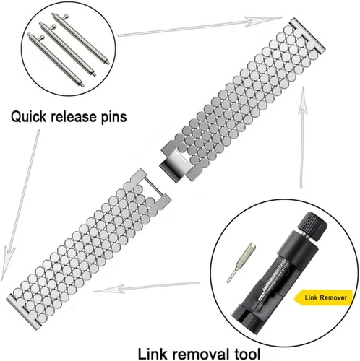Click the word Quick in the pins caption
pos(28,117)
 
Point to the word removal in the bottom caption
pos(200,354)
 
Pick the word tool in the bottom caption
pos(247,354)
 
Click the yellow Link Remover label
pos(324,297)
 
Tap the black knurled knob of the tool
pos(312,225)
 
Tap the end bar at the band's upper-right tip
pos(307,35)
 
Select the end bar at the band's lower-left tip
pos(24,312)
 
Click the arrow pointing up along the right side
pos(302,137)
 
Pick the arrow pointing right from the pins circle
pos(200,27)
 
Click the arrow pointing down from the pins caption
pos(20,205)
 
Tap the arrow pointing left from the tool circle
pos(147,287)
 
